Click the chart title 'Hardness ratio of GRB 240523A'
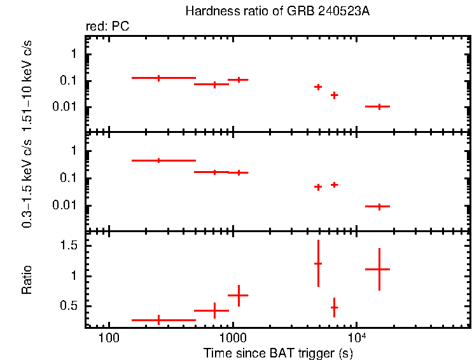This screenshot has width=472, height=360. (x=277, y=11)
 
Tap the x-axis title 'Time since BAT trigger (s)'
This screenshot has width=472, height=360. (x=277, y=352)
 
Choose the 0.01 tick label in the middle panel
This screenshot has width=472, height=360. (x=67, y=205)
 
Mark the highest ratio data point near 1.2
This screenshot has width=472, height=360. (x=318, y=263)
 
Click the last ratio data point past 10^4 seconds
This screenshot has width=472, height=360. (x=379, y=269)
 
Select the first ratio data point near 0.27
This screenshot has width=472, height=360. (x=158, y=320)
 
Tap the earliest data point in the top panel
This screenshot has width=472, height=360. (x=158, y=78)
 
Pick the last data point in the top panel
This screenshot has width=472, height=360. (x=379, y=107)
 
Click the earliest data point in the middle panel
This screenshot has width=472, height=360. (x=158, y=160)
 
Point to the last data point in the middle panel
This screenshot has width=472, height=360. (x=379, y=206)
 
